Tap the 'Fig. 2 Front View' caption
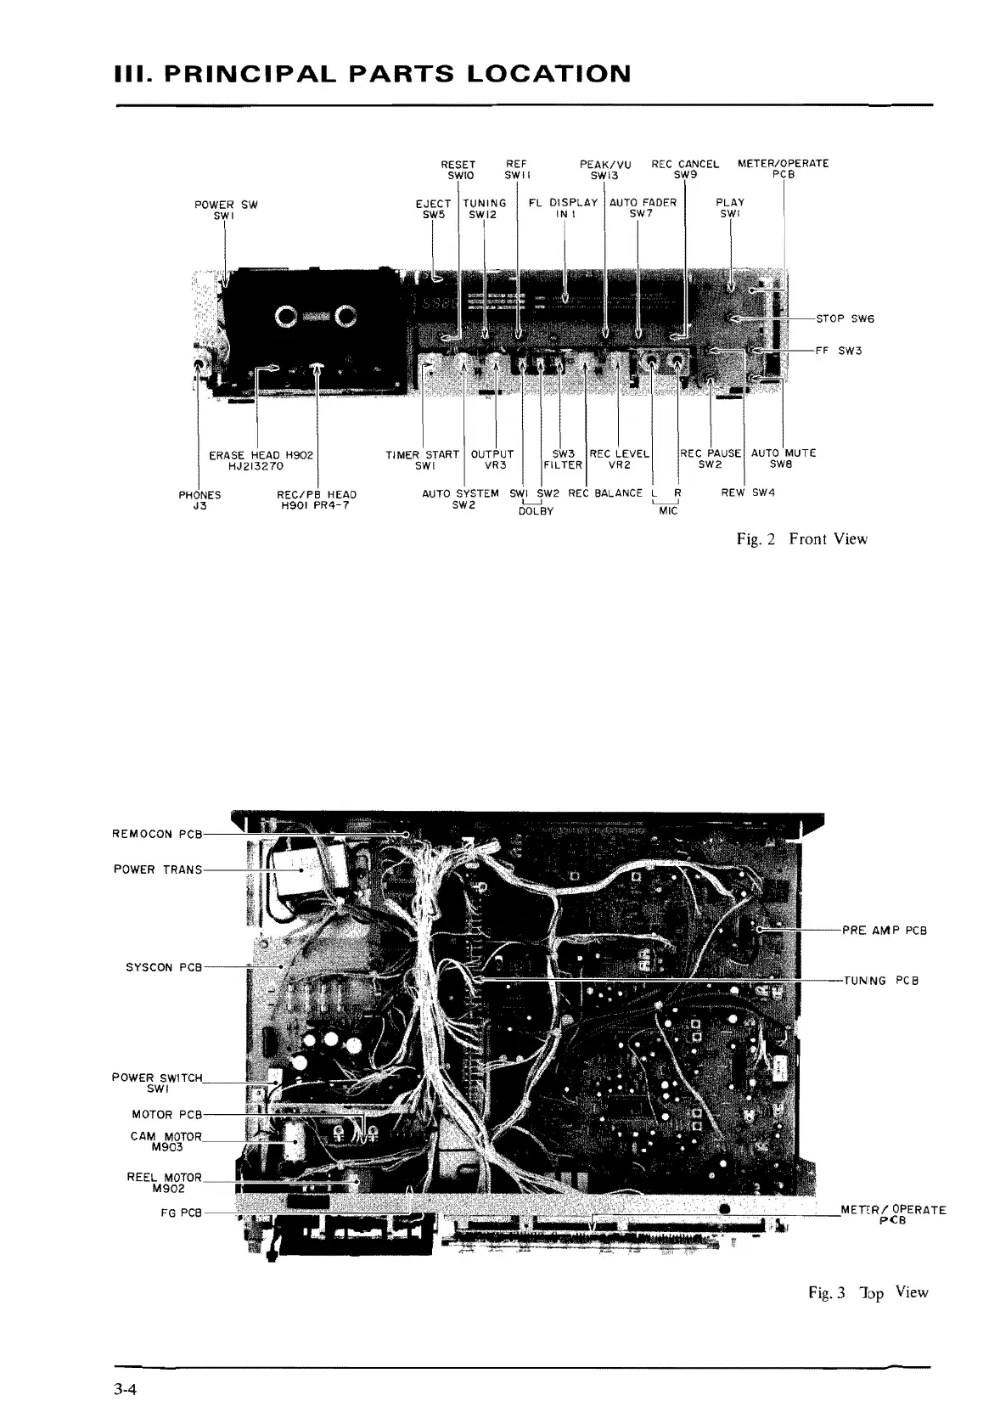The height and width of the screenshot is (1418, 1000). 802,539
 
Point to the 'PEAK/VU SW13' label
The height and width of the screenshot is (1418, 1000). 605,170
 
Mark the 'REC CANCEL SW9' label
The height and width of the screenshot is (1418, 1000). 684,170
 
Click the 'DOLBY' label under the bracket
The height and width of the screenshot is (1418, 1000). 535,511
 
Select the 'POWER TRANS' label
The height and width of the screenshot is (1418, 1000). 158,869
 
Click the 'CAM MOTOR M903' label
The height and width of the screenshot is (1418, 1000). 166,1141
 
